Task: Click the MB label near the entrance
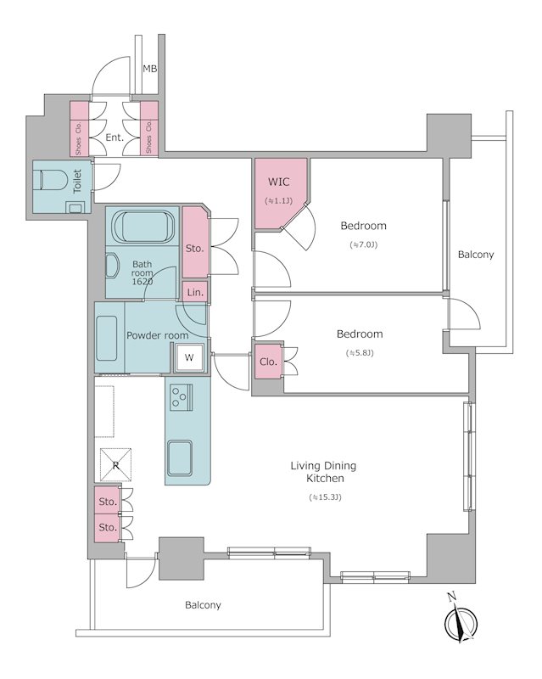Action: coord(150,69)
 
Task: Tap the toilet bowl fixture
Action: coord(52,180)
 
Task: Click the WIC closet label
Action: coord(278,182)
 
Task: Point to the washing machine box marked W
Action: coord(189,357)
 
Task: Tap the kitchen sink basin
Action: coord(180,458)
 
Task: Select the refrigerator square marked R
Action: coord(115,465)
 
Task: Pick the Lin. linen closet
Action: coord(195,292)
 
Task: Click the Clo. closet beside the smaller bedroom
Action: coord(268,362)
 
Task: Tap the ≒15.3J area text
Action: coord(325,497)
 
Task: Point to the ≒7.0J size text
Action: coord(364,244)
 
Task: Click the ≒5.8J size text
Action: coord(360,353)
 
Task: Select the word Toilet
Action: coord(77,181)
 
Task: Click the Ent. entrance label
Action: coord(115,137)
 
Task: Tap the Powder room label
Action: coord(157,335)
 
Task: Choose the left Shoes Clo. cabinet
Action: coord(79,129)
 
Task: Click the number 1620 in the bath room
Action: coord(142,282)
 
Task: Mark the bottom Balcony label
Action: coord(203,605)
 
